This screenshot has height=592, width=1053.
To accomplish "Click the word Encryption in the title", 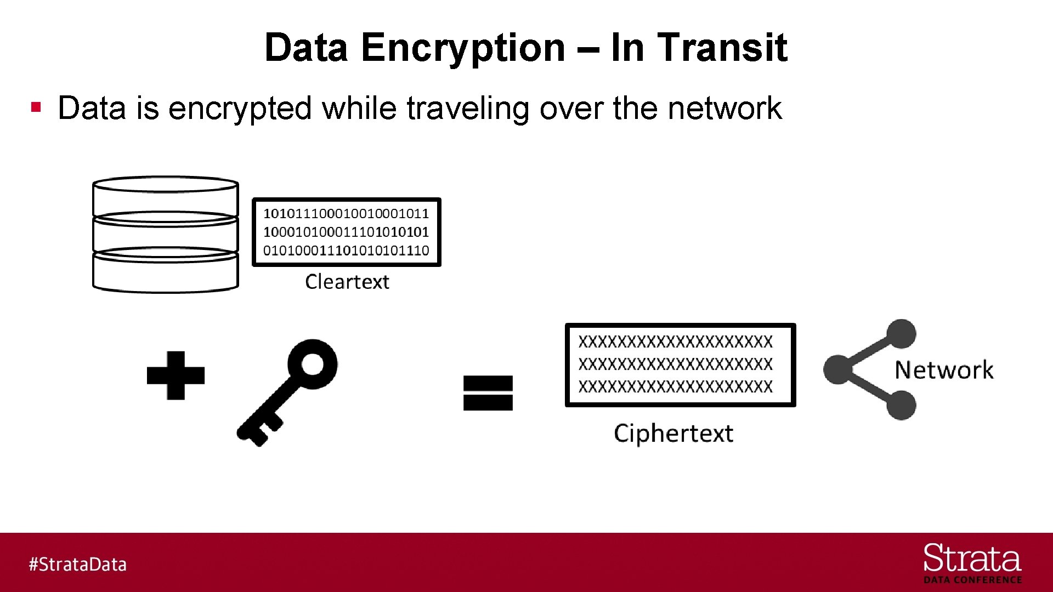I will point(463,48).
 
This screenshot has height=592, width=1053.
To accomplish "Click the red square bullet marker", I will point(36,106).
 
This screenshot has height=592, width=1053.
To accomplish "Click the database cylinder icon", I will point(165,235).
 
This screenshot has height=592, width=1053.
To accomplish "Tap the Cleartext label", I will point(347,282).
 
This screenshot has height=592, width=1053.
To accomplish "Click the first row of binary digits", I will point(346,213).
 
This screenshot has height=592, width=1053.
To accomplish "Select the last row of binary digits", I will point(346,251).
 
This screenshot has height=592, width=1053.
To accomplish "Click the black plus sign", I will point(175,375).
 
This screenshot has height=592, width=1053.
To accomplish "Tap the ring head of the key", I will point(312,363).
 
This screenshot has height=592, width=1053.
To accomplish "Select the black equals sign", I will point(488,393).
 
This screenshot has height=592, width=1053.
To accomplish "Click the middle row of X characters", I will point(675,364).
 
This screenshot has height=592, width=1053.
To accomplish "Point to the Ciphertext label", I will point(673,434).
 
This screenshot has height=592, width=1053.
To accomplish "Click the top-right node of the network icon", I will point(901,334).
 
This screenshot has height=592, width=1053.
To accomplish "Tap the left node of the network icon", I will point(837,369).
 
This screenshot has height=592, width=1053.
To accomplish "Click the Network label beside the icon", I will point(943,370).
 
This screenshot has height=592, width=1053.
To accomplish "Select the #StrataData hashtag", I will point(77,565).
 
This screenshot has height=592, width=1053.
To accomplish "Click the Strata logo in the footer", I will point(972,562).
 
